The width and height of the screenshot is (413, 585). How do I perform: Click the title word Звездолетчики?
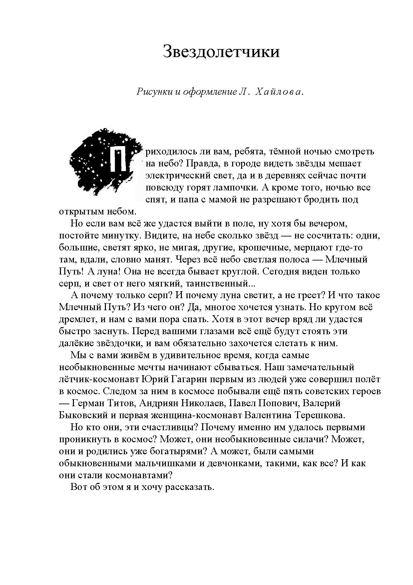click(x=221, y=52)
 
